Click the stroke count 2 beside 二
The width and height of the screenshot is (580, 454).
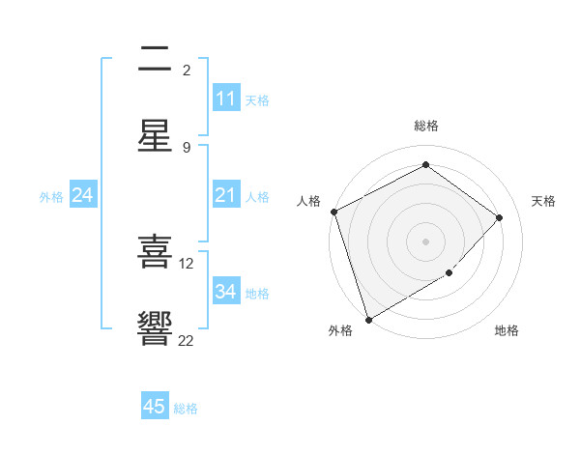pos(187,70)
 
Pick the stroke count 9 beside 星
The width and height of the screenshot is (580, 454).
pos(187,147)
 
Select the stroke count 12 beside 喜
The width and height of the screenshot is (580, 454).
pos(187,263)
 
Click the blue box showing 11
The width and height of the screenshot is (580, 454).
pos(226,99)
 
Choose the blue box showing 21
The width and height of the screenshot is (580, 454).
pos(226,196)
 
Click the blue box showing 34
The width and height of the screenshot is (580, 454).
pos(226,292)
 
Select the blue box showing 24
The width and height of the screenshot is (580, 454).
pos(82,196)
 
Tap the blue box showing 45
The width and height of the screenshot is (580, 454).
pos(155,407)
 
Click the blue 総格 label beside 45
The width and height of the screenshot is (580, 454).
pos(186,409)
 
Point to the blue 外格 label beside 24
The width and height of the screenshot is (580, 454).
pos(51,197)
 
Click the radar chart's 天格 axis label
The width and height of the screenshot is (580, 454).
pos(543,201)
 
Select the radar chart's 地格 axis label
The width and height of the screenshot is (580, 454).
pos(507,330)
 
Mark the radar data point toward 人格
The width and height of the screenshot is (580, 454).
pos(333,212)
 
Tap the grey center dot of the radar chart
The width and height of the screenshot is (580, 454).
pos(425,241)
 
